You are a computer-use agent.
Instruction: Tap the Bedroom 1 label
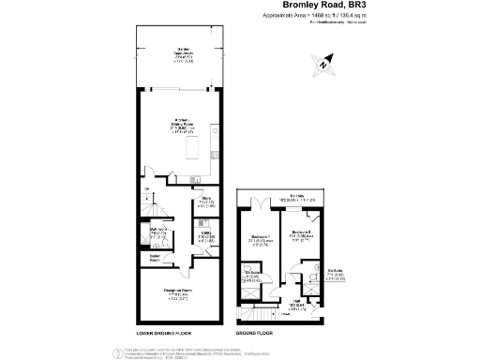click(x=258, y=239)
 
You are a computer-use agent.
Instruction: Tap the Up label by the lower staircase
click(x=146, y=194)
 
